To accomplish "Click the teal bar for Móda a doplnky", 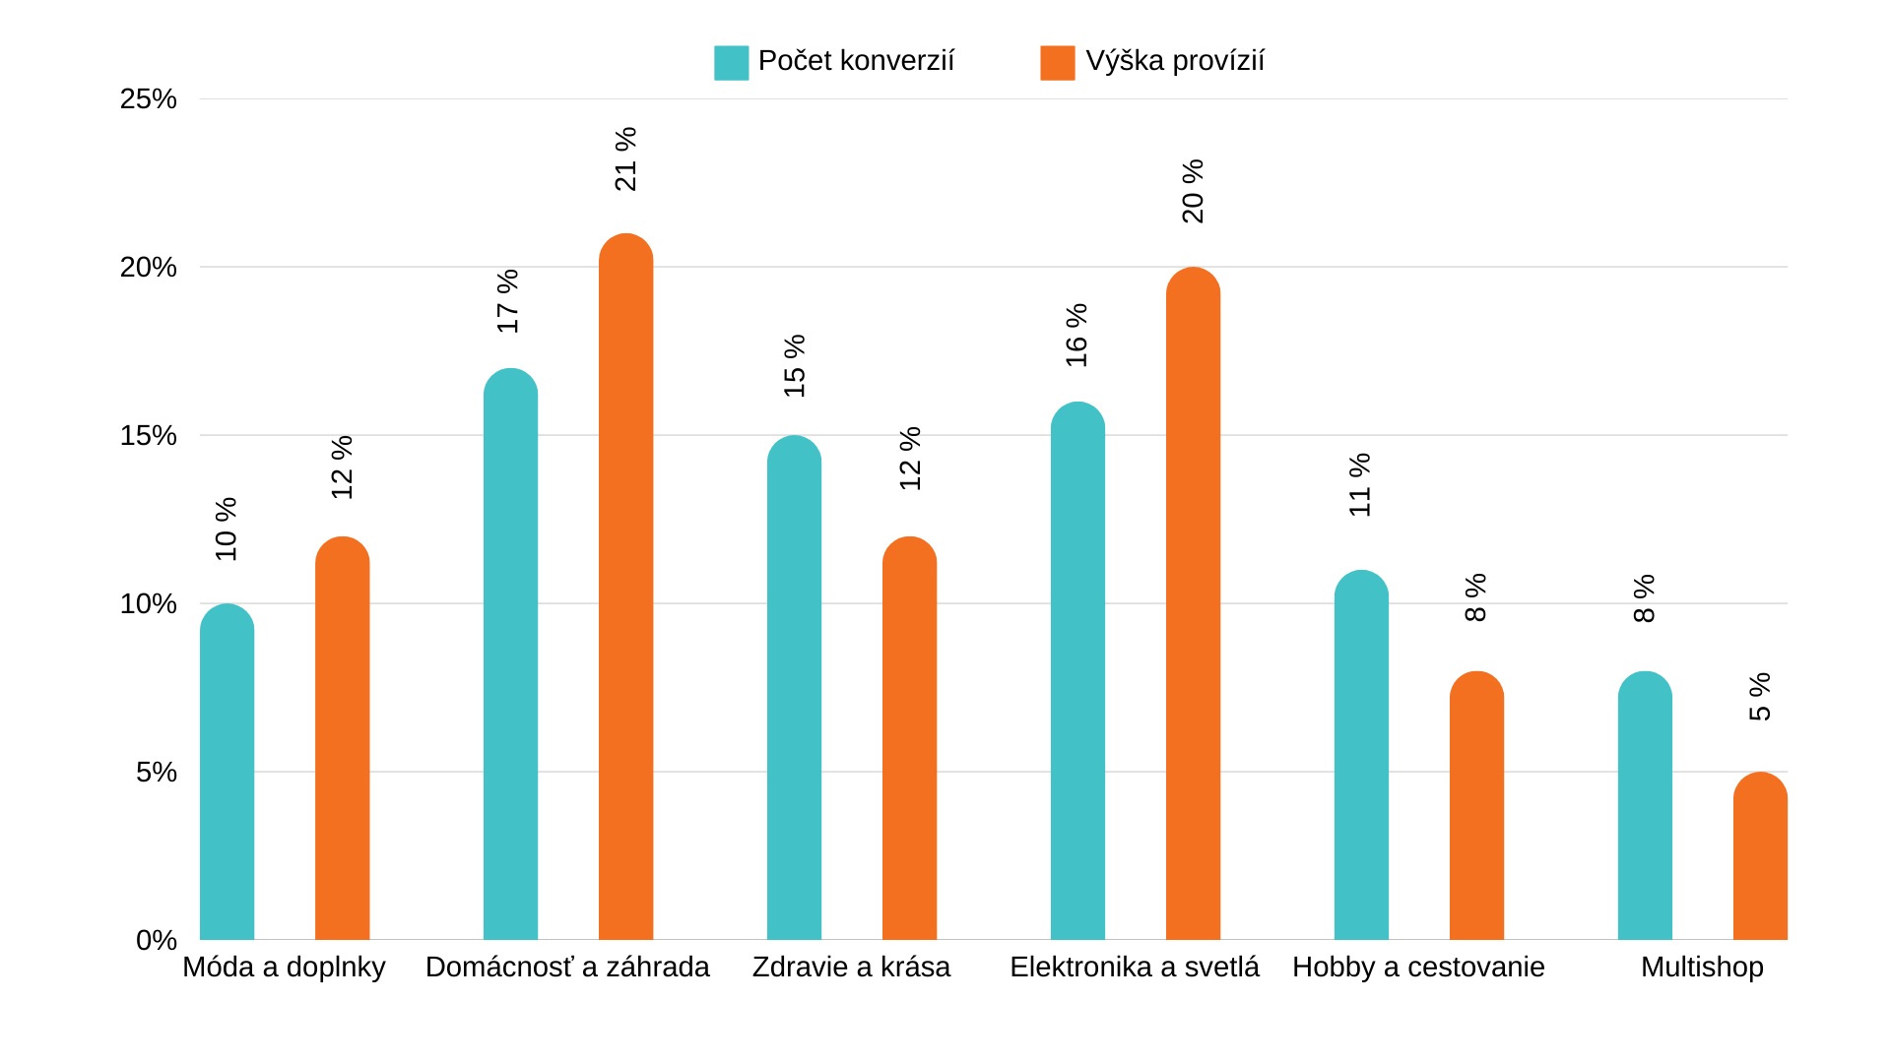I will [x=227, y=773].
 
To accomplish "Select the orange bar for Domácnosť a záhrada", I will [x=625, y=588].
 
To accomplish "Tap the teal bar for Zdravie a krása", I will [x=794, y=688].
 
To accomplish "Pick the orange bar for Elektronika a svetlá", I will [x=1193, y=604].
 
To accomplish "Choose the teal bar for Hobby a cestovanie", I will [x=1361, y=756].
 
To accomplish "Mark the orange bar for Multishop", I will [x=1760, y=856].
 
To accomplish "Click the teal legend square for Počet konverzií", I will [x=731, y=62].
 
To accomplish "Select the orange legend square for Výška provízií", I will [x=1057, y=62].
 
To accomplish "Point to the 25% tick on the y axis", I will [x=149, y=99].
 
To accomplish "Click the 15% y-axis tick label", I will [x=149, y=436].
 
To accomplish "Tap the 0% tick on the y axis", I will [x=157, y=940].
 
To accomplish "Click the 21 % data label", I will [x=626, y=159].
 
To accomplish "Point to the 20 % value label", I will [x=1193, y=192].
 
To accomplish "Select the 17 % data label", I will [x=508, y=301].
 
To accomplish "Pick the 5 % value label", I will [x=1760, y=697].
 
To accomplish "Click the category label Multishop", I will [x=1702, y=968].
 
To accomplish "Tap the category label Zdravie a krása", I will [x=851, y=968].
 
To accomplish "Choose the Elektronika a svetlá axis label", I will [x=1135, y=968].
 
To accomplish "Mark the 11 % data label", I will [x=1360, y=485].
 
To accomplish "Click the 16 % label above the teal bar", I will [x=1077, y=336].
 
